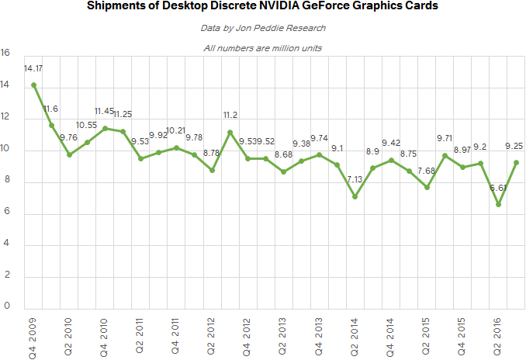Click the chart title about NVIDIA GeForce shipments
click(263, 7)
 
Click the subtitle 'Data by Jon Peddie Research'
click(263, 29)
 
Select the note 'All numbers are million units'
click(263, 48)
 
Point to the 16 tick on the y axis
click(6, 54)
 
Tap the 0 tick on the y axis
click(6, 307)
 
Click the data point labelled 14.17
click(33, 85)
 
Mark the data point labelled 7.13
click(354, 196)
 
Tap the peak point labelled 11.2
click(230, 132)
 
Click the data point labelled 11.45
click(106, 128)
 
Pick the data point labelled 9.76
click(69, 154)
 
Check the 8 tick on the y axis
click(6, 182)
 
